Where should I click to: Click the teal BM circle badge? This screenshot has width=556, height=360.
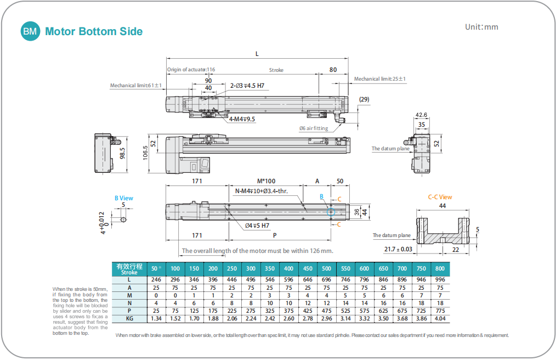30,31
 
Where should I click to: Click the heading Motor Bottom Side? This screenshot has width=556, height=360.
94,31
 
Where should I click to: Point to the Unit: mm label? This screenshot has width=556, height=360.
481,27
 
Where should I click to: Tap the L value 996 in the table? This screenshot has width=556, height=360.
440,279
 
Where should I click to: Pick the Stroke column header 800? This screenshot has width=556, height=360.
440,269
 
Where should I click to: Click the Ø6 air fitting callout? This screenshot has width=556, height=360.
314,128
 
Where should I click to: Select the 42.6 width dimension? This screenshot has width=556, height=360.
421,115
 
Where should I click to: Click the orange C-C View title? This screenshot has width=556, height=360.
440,197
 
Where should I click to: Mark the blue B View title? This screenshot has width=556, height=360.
123,198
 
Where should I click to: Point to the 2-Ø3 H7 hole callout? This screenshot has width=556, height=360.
247,86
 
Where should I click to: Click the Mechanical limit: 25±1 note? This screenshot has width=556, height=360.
379,79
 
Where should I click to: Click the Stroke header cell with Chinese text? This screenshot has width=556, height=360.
129,269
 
